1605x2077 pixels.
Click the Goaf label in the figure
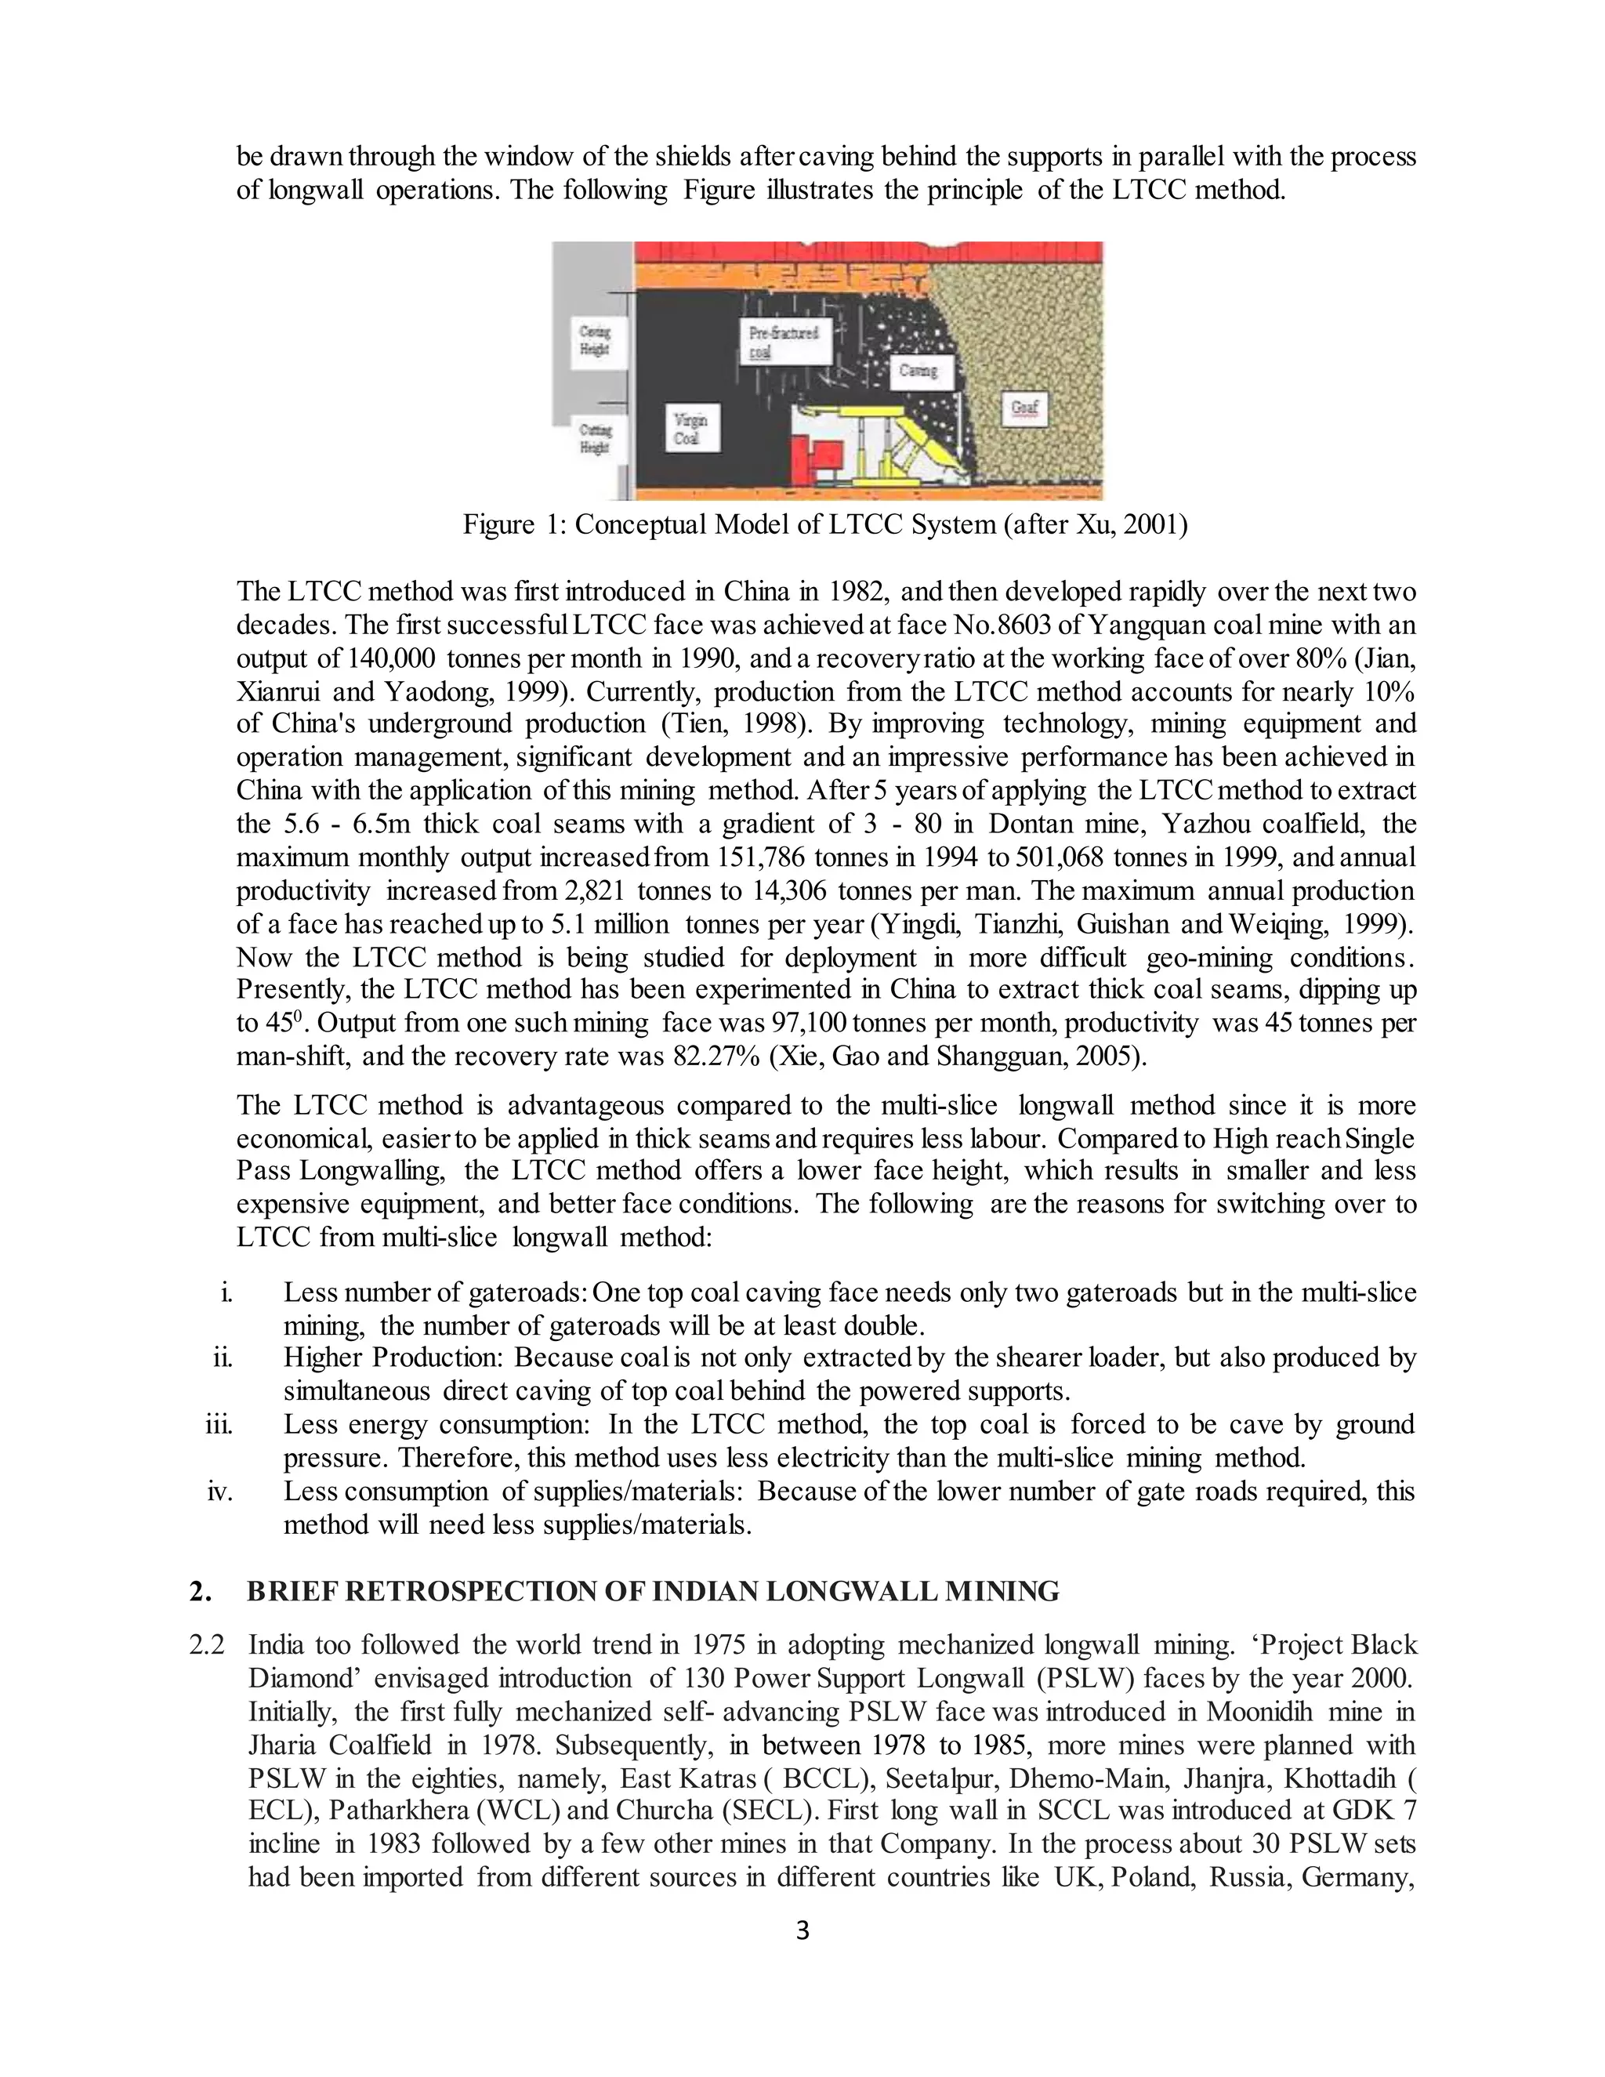click(x=1024, y=409)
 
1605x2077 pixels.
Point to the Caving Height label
click(x=596, y=339)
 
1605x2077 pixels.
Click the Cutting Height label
click(x=596, y=437)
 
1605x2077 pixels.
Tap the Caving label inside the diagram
click(x=918, y=370)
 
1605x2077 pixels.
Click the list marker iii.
click(x=219, y=1423)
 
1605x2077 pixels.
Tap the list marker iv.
click(x=219, y=1490)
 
